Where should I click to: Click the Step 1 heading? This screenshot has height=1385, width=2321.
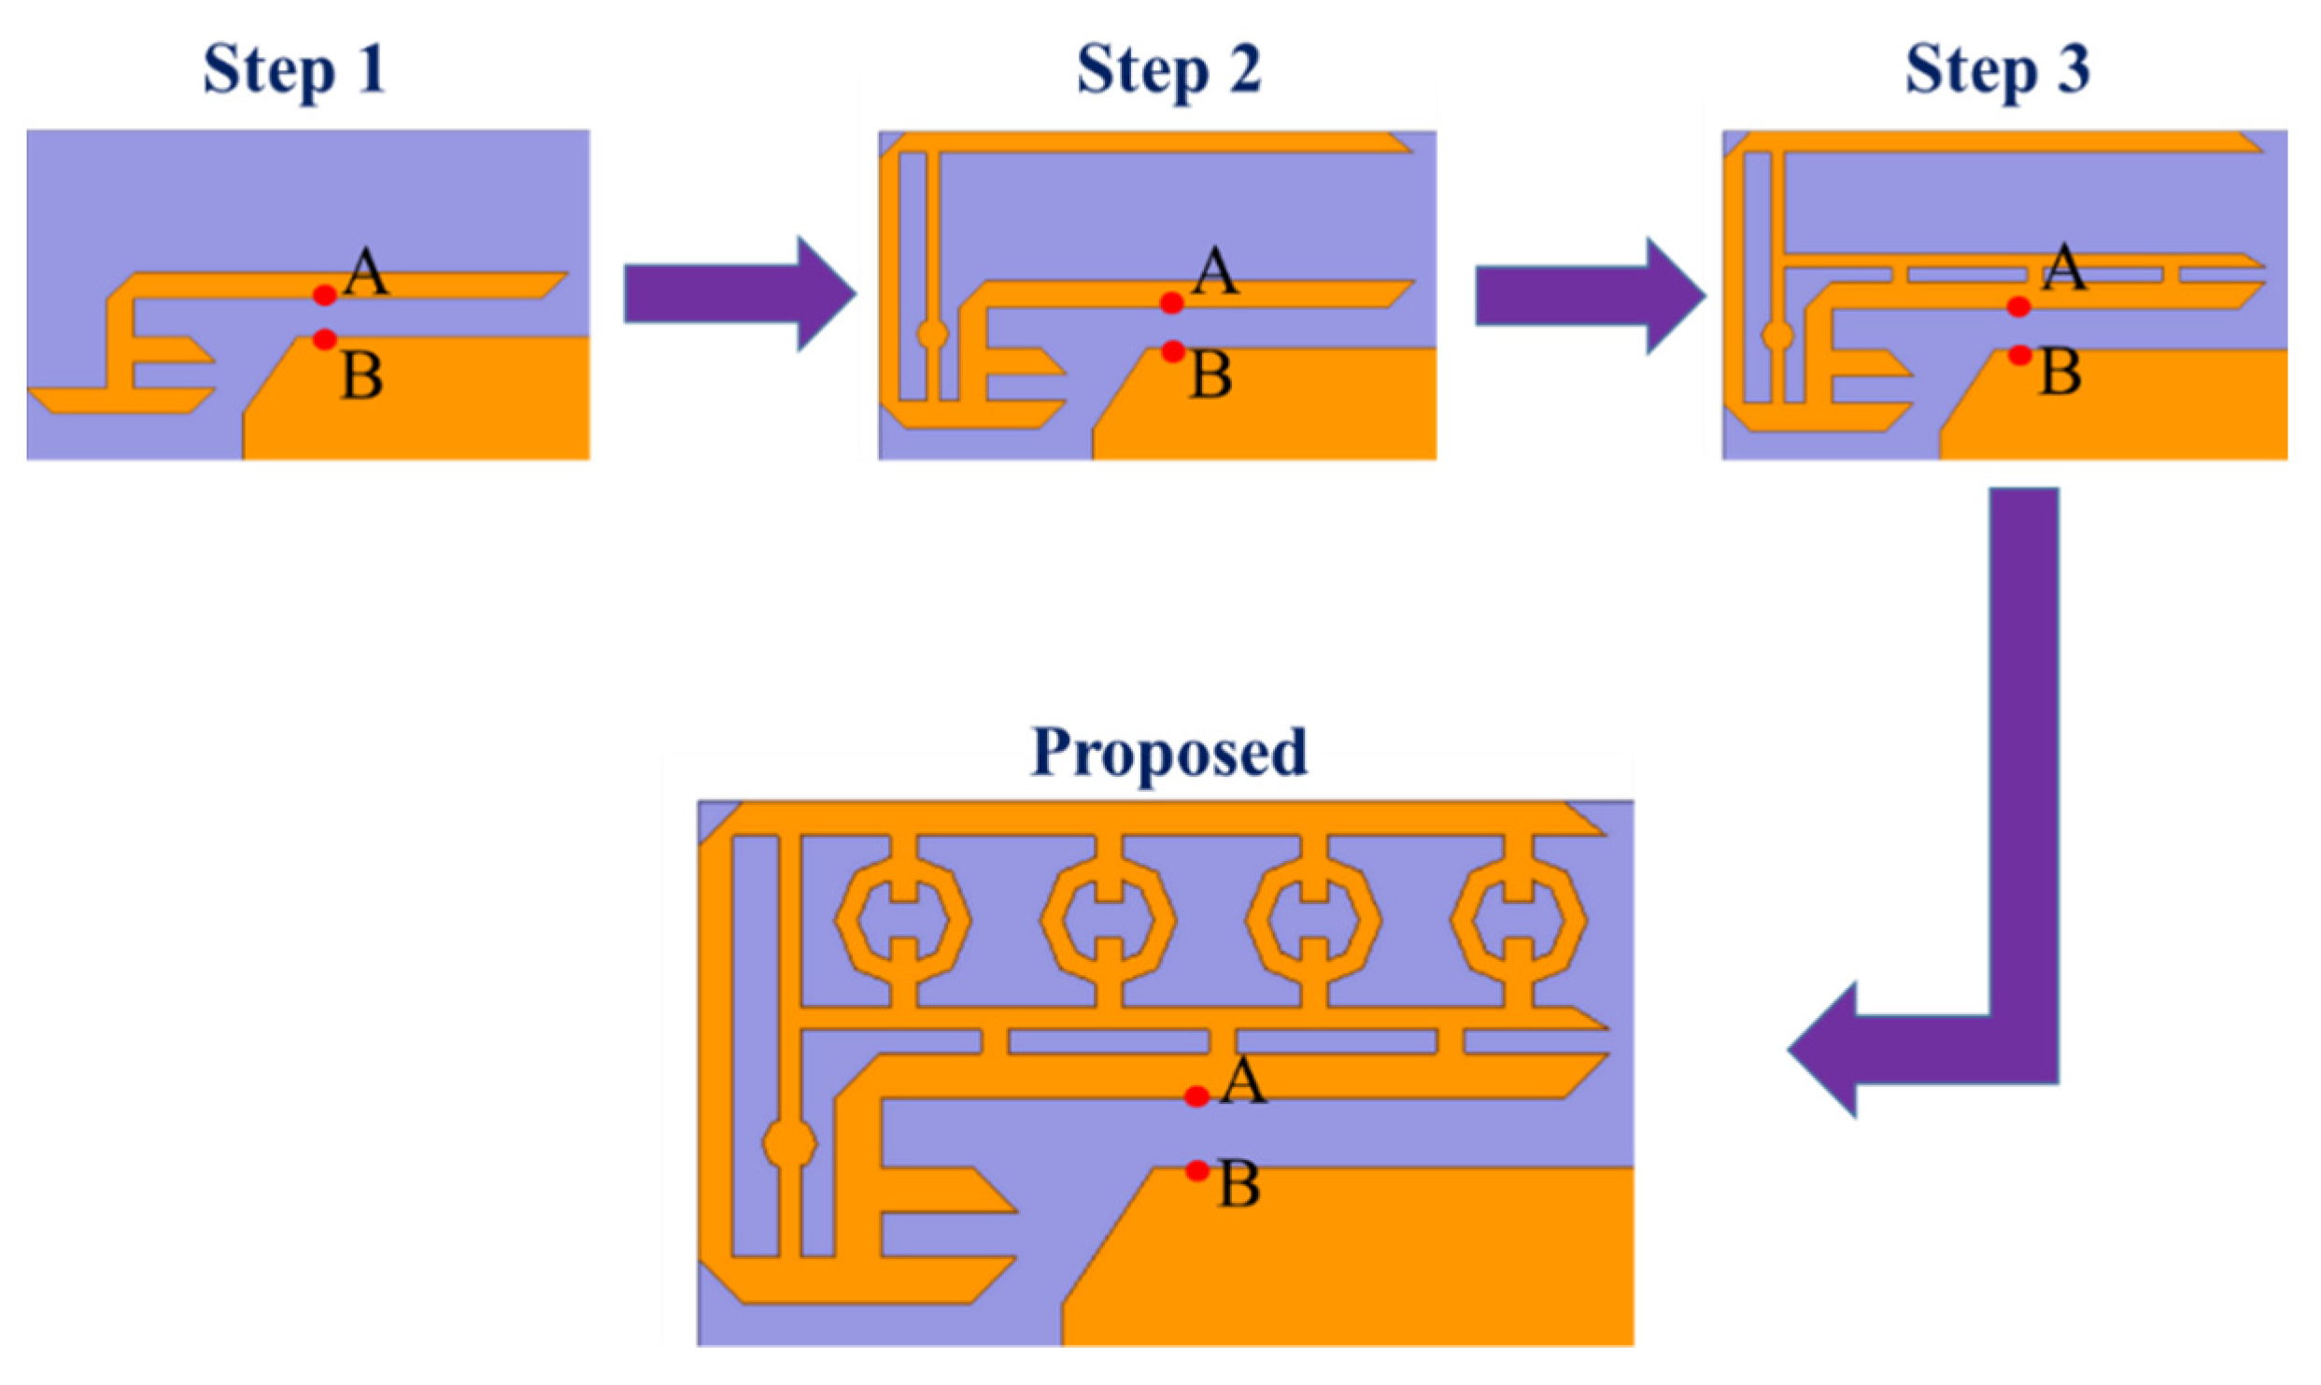tap(293, 71)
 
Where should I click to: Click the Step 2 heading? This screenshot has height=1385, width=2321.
tap(1168, 71)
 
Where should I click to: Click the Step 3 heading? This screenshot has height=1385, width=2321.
tap(1996, 71)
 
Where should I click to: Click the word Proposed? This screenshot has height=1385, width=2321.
tap(1168, 753)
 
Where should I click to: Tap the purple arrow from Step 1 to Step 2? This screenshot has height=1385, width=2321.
tap(738, 294)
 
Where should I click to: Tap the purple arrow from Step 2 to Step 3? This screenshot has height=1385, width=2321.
tap(1589, 296)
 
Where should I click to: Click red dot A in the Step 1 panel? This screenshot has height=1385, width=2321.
tap(324, 295)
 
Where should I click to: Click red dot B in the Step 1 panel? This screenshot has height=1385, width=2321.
tap(324, 339)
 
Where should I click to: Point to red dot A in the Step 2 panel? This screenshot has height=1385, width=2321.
tap(1172, 303)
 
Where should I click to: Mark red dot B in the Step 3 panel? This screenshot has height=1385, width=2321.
tap(2019, 355)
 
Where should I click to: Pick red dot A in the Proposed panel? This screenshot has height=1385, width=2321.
tap(1196, 1096)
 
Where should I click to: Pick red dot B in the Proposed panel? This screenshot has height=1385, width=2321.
tap(1197, 1170)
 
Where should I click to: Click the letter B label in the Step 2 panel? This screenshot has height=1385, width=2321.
tap(1211, 375)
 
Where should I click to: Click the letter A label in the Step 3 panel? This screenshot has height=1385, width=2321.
tap(2063, 269)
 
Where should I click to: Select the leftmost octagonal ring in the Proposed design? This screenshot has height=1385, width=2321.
tap(902, 920)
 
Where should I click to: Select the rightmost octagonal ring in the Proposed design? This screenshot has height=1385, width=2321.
tap(1518, 920)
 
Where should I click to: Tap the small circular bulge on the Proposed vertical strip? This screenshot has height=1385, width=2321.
tap(790, 1144)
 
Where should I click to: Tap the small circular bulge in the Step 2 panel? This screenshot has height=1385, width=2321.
tap(932, 333)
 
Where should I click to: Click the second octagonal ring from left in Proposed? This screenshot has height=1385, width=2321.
tap(1108, 920)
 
